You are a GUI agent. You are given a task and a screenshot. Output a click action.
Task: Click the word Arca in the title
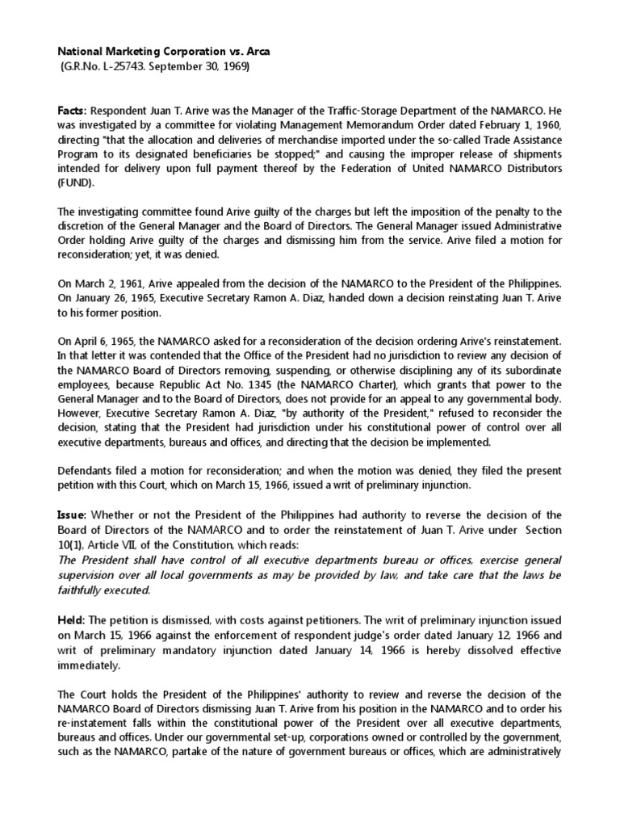tap(256, 51)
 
